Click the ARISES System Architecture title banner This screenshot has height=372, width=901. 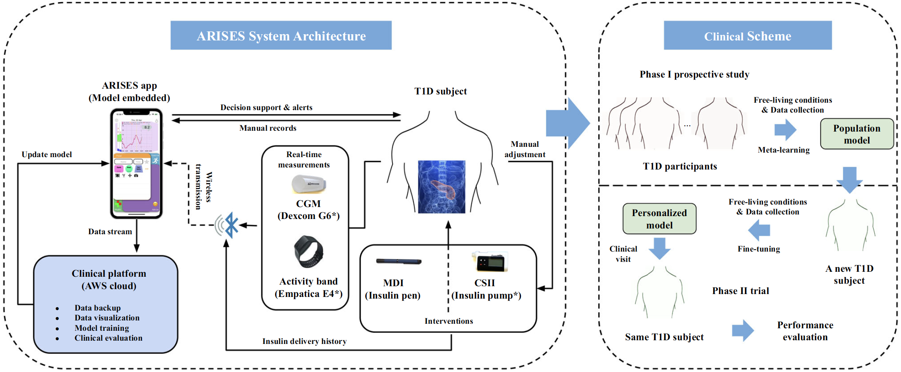click(281, 36)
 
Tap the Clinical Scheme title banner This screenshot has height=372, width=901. click(747, 36)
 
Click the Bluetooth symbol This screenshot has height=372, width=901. click(231, 225)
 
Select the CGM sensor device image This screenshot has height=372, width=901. click(308, 184)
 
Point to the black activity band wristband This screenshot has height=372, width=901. click(308, 251)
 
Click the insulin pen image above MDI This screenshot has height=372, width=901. click(399, 261)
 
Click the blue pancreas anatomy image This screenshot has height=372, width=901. click(441, 187)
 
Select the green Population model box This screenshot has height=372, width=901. click(857, 134)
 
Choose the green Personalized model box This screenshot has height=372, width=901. click(659, 219)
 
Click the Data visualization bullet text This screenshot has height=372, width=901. click(107, 318)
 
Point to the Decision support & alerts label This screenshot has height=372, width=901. click(266, 108)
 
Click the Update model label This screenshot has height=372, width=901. click(47, 155)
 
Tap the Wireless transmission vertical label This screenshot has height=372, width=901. click(203, 187)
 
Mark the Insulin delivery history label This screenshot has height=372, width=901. click(304, 341)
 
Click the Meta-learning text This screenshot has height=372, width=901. click(783, 150)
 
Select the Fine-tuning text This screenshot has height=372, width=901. click(759, 249)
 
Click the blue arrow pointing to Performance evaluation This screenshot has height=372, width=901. click(743, 330)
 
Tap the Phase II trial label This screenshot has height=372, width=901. click(740, 291)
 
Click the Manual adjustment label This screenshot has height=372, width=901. click(525, 149)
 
